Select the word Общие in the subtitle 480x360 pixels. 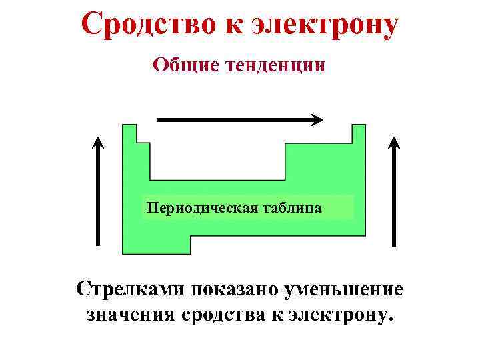click(x=181, y=65)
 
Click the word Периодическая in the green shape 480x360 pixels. click(x=199, y=208)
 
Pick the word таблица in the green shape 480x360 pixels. click(x=291, y=208)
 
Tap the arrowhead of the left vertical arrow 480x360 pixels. click(x=98, y=143)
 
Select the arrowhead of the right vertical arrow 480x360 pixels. click(x=394, y=143)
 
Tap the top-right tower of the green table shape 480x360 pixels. click(x=359, y=133)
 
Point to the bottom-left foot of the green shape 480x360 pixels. click(x=157, y=245)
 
